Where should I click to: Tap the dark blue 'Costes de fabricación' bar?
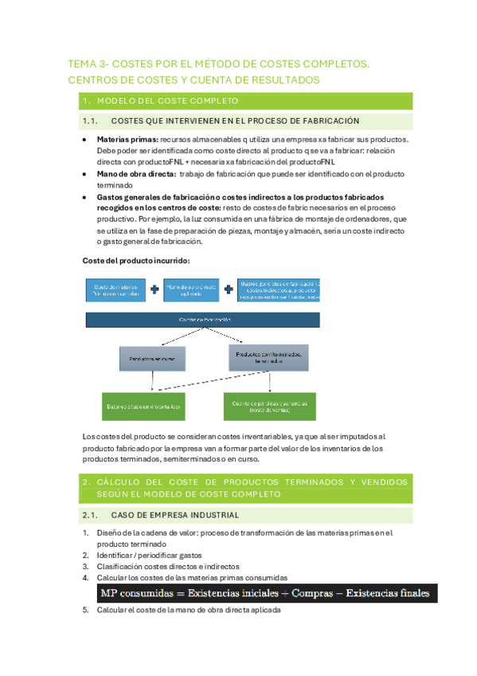click(x=203, y=320)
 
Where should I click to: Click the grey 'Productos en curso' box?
click(x=152, y=359)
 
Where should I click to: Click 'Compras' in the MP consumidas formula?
click(x=313, y=593)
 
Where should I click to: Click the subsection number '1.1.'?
click(x=89, y=121)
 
